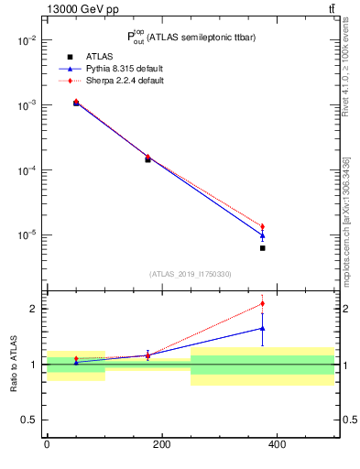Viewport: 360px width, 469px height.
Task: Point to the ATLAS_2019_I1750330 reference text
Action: pyautogui.click(x=191, y=274)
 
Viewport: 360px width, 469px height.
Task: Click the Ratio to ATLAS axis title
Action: pyautogui.click(x=16, y=364)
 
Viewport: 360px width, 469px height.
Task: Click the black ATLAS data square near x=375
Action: pyautogui.click(x=262, y=248)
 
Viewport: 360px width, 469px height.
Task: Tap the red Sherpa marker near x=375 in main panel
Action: pyautogui.click(x=262, y=226)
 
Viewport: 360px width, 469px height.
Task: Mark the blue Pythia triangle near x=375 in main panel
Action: pyautogui.click(x=262, y=235)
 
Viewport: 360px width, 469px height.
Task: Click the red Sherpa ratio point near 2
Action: pyautogui.click(x=262, y=303)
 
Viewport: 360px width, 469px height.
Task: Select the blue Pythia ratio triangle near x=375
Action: pyautogui.click(x=262, y=328)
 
